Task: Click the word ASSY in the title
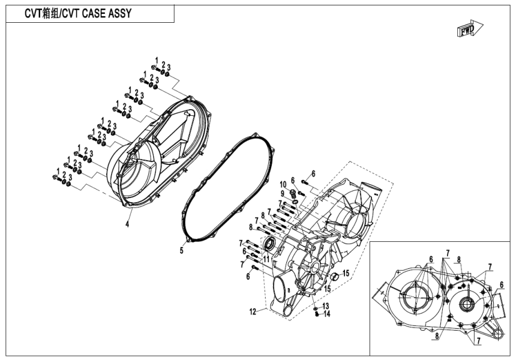[115, 14]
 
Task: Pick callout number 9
[281, 193]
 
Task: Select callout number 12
[254, 311]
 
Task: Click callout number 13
[326, 306]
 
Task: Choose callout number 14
[326, 314]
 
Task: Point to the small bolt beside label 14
[317, 314]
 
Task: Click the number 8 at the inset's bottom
[437, 337]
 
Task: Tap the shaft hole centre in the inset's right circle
[466, 304]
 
